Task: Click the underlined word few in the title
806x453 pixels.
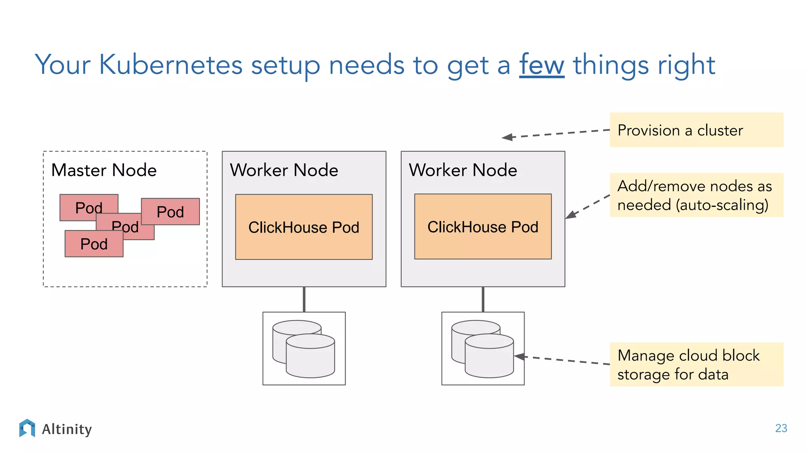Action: (542, 65)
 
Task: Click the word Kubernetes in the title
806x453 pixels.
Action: (170, 65)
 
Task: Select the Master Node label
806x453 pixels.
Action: (104, 170)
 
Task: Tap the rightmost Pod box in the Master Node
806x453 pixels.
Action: (170, 212)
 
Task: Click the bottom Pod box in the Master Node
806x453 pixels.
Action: (94, 244)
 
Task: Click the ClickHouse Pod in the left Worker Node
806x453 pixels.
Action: (303, 227)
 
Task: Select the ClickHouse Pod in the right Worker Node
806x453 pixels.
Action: (482, 226)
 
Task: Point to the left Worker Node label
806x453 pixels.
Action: (284, 170)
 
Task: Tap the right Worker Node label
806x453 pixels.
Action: (463, 170)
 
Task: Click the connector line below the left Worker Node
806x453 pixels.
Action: (304, 299)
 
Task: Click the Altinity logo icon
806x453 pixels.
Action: (27, 428)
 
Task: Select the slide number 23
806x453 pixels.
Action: (781, 428)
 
